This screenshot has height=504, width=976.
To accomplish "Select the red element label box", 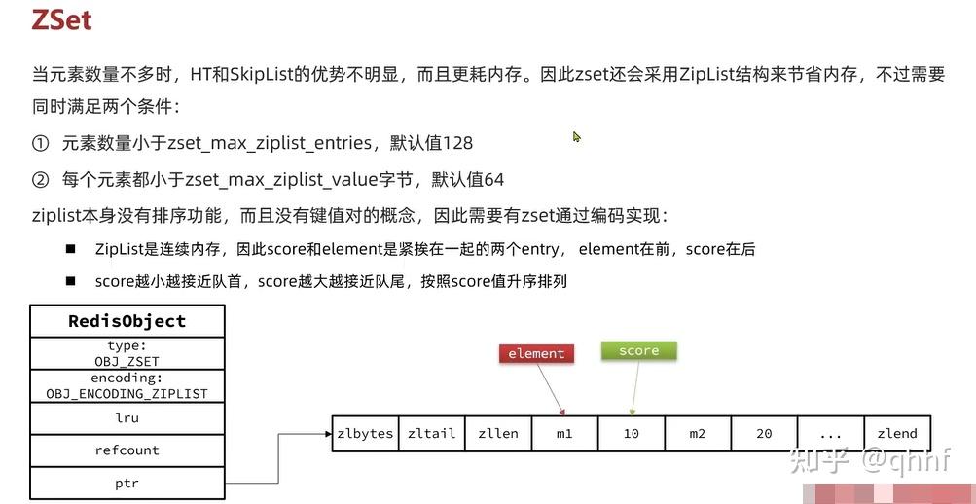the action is (x=536, y=353).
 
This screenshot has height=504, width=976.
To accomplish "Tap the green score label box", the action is (x=638, y=350).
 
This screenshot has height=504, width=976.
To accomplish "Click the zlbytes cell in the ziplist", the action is (x=365, y=433).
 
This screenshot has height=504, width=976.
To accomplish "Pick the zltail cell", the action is (x=431, y=433).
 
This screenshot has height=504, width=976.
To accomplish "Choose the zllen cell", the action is (x=498, y=433).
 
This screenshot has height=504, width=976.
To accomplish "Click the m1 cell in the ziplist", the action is (x=564, y=433).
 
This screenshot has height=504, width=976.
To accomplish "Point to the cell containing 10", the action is (x=631, y=433).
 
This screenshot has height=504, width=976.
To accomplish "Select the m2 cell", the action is (x=697, y=433).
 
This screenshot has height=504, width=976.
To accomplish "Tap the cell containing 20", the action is (x=764, y=433).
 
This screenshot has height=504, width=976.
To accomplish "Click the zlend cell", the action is (x=896, y=433).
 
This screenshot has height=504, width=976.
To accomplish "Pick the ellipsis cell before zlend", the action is (x=830, y=433).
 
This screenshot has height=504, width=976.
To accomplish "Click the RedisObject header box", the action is (x=127, y=321).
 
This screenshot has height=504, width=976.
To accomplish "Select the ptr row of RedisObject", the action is (x=127, y=483).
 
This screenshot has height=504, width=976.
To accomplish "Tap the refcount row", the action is (x=127, y=450).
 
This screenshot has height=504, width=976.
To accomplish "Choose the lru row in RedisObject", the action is (x=127, y=417).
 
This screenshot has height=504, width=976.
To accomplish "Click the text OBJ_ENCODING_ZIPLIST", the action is (x=127, y=393).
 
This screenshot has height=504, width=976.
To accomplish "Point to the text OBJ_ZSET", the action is (x=127, y=361).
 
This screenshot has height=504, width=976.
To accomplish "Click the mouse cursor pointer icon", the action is (x=576, y=137).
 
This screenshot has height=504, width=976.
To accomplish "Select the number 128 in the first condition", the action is (x=457, y=143).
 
